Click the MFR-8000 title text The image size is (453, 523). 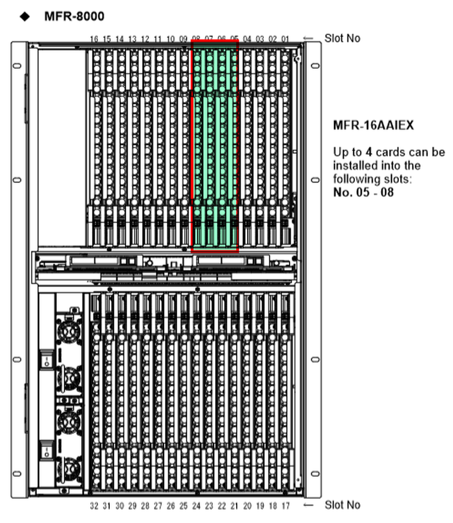click(x=74, y=17)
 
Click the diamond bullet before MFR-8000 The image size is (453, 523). click(x=25, y=17)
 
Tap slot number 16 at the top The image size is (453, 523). click(x=94, y=39)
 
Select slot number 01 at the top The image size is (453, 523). click(x=285, y=39)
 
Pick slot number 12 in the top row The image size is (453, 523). click(x=145, y=39)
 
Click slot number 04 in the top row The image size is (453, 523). click(x=247, y=39)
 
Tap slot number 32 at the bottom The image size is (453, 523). click(x=94, y=506)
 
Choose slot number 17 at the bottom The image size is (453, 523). click(x=286, y=506)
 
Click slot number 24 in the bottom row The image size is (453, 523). click(x=196, y=506)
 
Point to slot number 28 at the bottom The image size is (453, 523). click(x=145, y=506)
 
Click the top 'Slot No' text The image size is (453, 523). click(x=342, y=38)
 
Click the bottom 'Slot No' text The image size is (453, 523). click(x=342, y=505)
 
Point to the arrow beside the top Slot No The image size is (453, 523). click(x=308, y=38)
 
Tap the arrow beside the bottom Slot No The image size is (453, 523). click(x=308, y=505)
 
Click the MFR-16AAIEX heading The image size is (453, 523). click(x=373, y=126)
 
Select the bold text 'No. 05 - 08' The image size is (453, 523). click(x=363, y=192)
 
